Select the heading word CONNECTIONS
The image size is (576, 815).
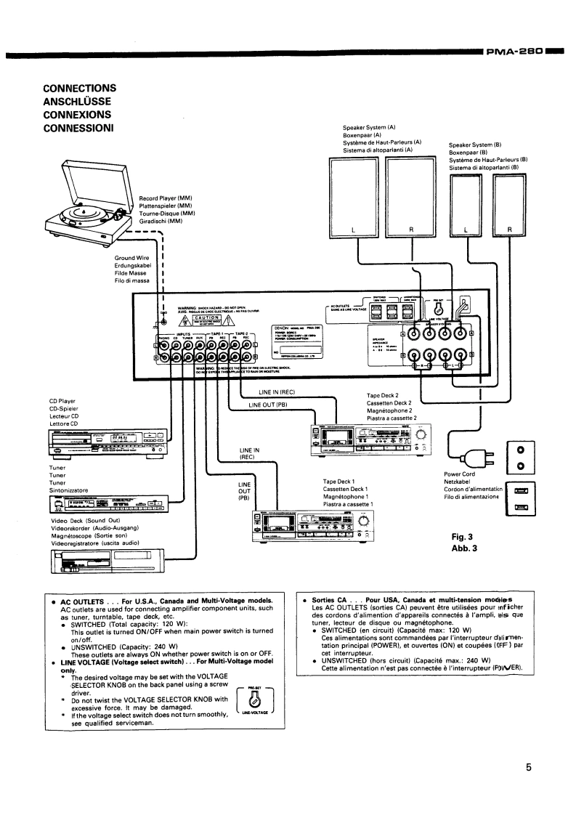80,88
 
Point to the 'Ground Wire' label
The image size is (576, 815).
131,258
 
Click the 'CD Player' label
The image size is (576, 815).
63,401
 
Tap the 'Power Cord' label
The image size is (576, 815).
458,474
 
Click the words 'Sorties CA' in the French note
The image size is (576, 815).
331,600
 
